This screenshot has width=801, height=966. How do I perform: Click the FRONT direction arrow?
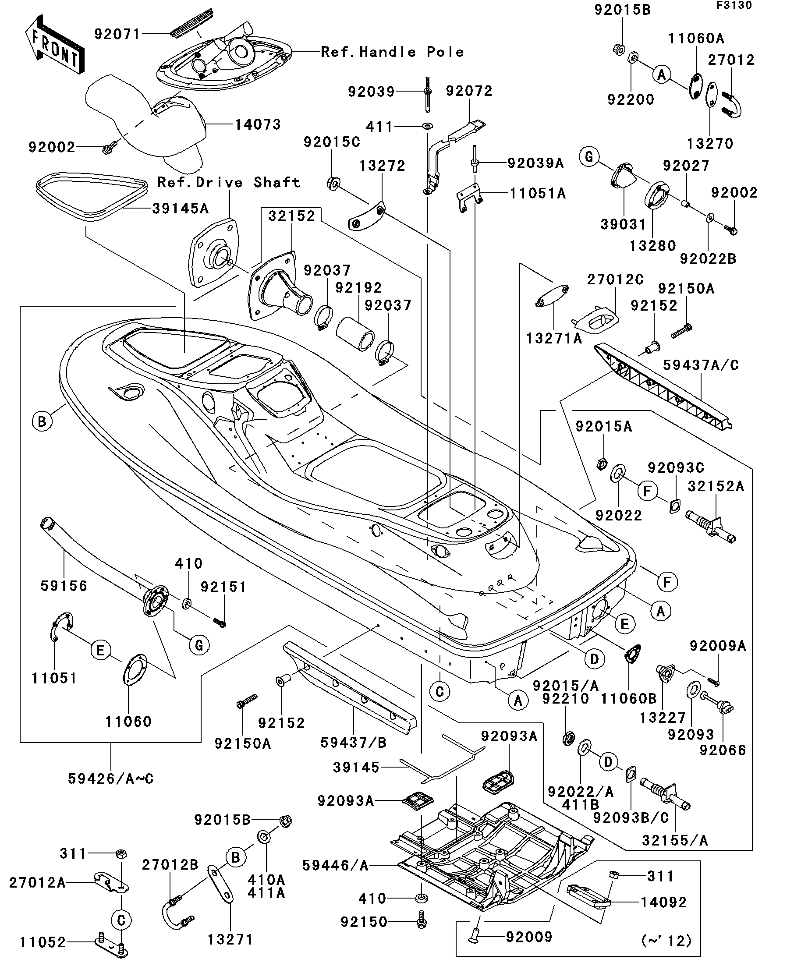click(x=54, y=45)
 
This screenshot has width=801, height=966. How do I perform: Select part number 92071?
click(x=117, y=34)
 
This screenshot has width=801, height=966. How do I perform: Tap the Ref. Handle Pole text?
click(x=392, y=52)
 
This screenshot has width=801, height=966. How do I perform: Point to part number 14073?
click(x=258, y=124)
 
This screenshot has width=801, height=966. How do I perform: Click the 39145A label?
click(x=181, y=209)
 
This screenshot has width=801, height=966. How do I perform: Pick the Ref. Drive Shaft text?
click(x=229, y=182)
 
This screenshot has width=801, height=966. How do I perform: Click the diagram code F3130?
click(x=734, y=6)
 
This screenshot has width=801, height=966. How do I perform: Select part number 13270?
click(x=710, y=144)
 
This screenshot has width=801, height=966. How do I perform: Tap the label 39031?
click(x=624, y=224)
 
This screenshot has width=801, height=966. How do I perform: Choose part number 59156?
click(x=64, y=586)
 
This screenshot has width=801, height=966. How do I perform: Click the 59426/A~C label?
click(x=110, y=779)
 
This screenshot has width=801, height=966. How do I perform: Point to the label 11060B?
click(x=628, y=699)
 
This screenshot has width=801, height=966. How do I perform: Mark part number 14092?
click(x=663, y=902)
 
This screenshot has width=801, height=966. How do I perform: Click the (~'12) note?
click(x=666, y=941)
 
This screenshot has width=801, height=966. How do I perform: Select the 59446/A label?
click(x=335, y=866)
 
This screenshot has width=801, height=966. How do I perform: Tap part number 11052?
click(x=43, y=942)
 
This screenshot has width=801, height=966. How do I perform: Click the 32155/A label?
click(x=674, y=840)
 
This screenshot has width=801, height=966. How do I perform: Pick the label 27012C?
click(x=615, y=279)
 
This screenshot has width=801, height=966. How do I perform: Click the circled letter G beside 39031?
click(x=589, y=157)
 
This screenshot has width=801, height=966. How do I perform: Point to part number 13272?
click(x=382, y=166)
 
